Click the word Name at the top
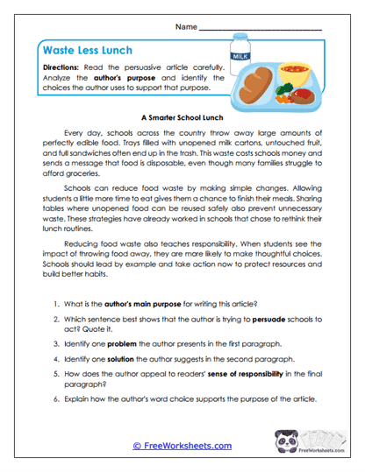[x=186, y=28]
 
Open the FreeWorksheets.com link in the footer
[x=182, y=446]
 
